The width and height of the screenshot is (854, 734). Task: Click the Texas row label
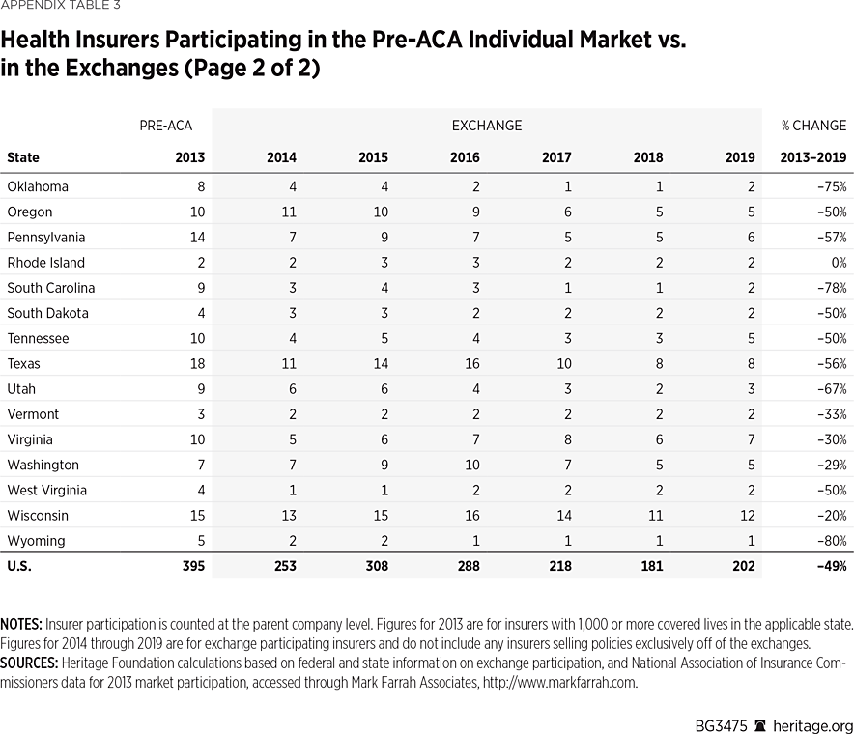point(23,364)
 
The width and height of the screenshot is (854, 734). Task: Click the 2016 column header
point(465,157)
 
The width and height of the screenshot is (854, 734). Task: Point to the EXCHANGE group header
point(486,126)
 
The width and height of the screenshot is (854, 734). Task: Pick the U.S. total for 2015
point(373,566)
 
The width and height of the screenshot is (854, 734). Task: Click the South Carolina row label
point(50,288)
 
